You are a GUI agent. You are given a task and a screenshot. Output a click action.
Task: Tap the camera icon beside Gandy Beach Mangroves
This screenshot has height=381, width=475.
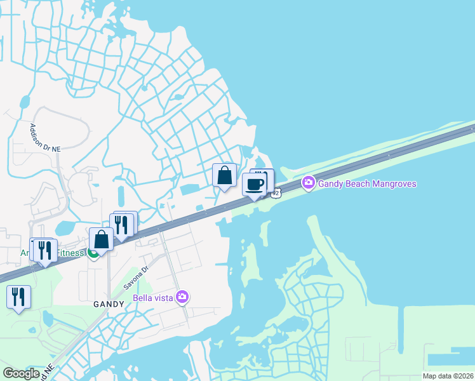coord(309,184)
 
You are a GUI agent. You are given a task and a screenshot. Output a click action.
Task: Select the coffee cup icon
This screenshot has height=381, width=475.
coord(254,184)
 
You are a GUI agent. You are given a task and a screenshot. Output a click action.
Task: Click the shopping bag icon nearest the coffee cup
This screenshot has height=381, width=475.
coord(225,175)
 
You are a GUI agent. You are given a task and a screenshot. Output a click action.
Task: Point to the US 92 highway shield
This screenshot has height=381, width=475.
coord(274,192)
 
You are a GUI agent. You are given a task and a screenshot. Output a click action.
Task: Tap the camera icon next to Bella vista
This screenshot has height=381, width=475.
coord(182,297)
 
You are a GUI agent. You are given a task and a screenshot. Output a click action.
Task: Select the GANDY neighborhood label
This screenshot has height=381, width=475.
coord(107,304)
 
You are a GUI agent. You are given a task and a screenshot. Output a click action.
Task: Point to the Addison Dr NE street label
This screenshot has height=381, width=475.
coord(45,137)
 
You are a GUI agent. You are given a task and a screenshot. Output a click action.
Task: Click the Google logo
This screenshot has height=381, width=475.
coord(21,373)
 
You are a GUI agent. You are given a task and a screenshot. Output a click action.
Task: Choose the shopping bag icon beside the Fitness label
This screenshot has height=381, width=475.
coord(102,239)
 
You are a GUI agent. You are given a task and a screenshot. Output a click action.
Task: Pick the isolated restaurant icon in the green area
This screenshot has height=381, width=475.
coord(18,297)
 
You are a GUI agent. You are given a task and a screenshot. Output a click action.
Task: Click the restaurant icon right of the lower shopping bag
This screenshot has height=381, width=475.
coord(123,224)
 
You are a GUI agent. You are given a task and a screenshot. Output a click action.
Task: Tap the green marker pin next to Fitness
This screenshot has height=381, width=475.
coord(93,254)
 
